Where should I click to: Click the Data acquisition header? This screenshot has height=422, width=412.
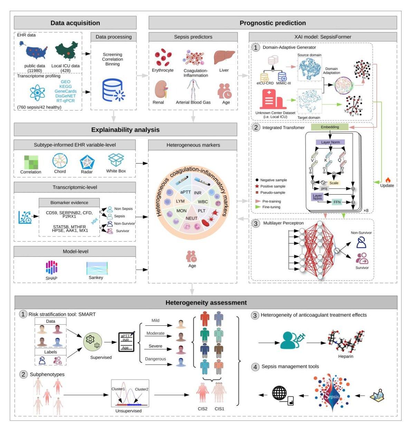pos(75,23)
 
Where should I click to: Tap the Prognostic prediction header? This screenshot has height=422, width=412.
pos(272,23)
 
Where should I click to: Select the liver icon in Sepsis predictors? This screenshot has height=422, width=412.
pos(224,57)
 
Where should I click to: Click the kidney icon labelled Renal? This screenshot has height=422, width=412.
pos(159,89)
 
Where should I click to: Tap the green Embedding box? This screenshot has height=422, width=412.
pos(329,127)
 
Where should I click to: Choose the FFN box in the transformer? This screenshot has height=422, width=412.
pos(337,202)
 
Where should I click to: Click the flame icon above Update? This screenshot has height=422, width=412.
pos(387,179)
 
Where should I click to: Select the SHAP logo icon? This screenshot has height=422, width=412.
pos(51,267)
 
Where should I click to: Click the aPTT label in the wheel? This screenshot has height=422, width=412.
pos(185,192)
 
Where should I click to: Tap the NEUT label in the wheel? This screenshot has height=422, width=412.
pos(191,218)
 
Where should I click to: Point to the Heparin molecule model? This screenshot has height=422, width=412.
pos(346,341)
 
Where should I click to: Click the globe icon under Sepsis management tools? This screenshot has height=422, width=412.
pos(280,393)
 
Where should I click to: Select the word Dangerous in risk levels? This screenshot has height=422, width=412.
pos(155,359)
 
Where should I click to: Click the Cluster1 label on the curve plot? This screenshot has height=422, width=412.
pos(118,389)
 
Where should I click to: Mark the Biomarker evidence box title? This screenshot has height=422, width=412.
pos(69,203)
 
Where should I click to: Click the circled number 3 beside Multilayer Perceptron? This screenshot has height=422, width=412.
pos(256,224)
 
